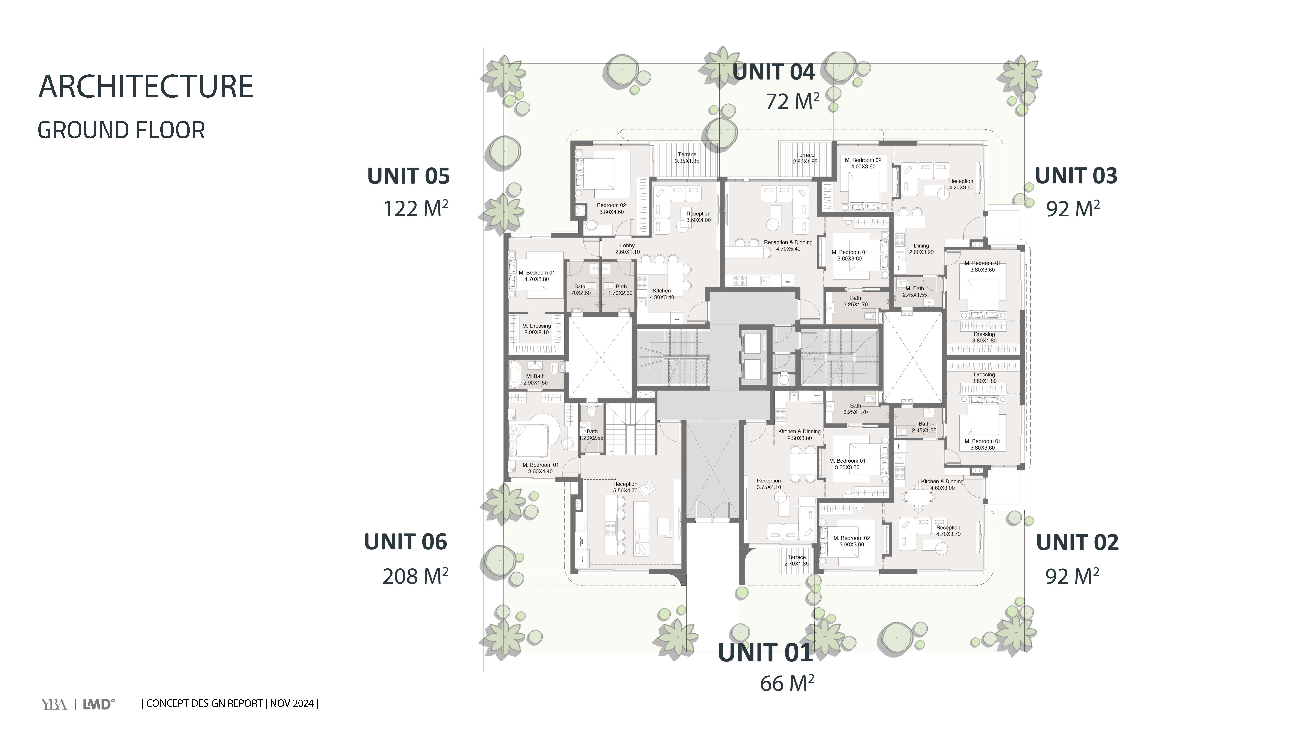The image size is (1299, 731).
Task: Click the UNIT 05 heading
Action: (x=408, y=176)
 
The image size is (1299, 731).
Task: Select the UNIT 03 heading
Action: (x=1076, y=176)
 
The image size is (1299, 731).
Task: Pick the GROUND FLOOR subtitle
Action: (x=121, y=130)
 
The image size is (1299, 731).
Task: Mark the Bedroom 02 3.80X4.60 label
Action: (x=611, y=208)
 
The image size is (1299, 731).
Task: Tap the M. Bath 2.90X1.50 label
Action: (x=536, y=379)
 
